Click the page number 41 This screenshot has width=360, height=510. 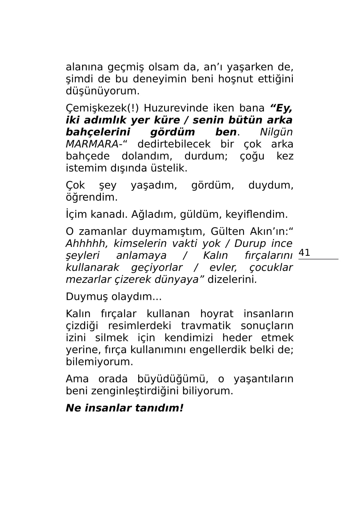point(304,253)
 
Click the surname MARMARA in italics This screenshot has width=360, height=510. point(92,144)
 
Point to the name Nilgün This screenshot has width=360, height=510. point(276,132)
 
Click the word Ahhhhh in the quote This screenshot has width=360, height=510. point(87,243)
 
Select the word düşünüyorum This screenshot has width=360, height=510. point(102,91)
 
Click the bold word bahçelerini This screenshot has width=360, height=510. point(98,132)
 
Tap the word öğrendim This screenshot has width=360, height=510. point(92,197)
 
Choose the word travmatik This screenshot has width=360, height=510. point(206,326)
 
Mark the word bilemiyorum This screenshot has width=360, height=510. point(99,362)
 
